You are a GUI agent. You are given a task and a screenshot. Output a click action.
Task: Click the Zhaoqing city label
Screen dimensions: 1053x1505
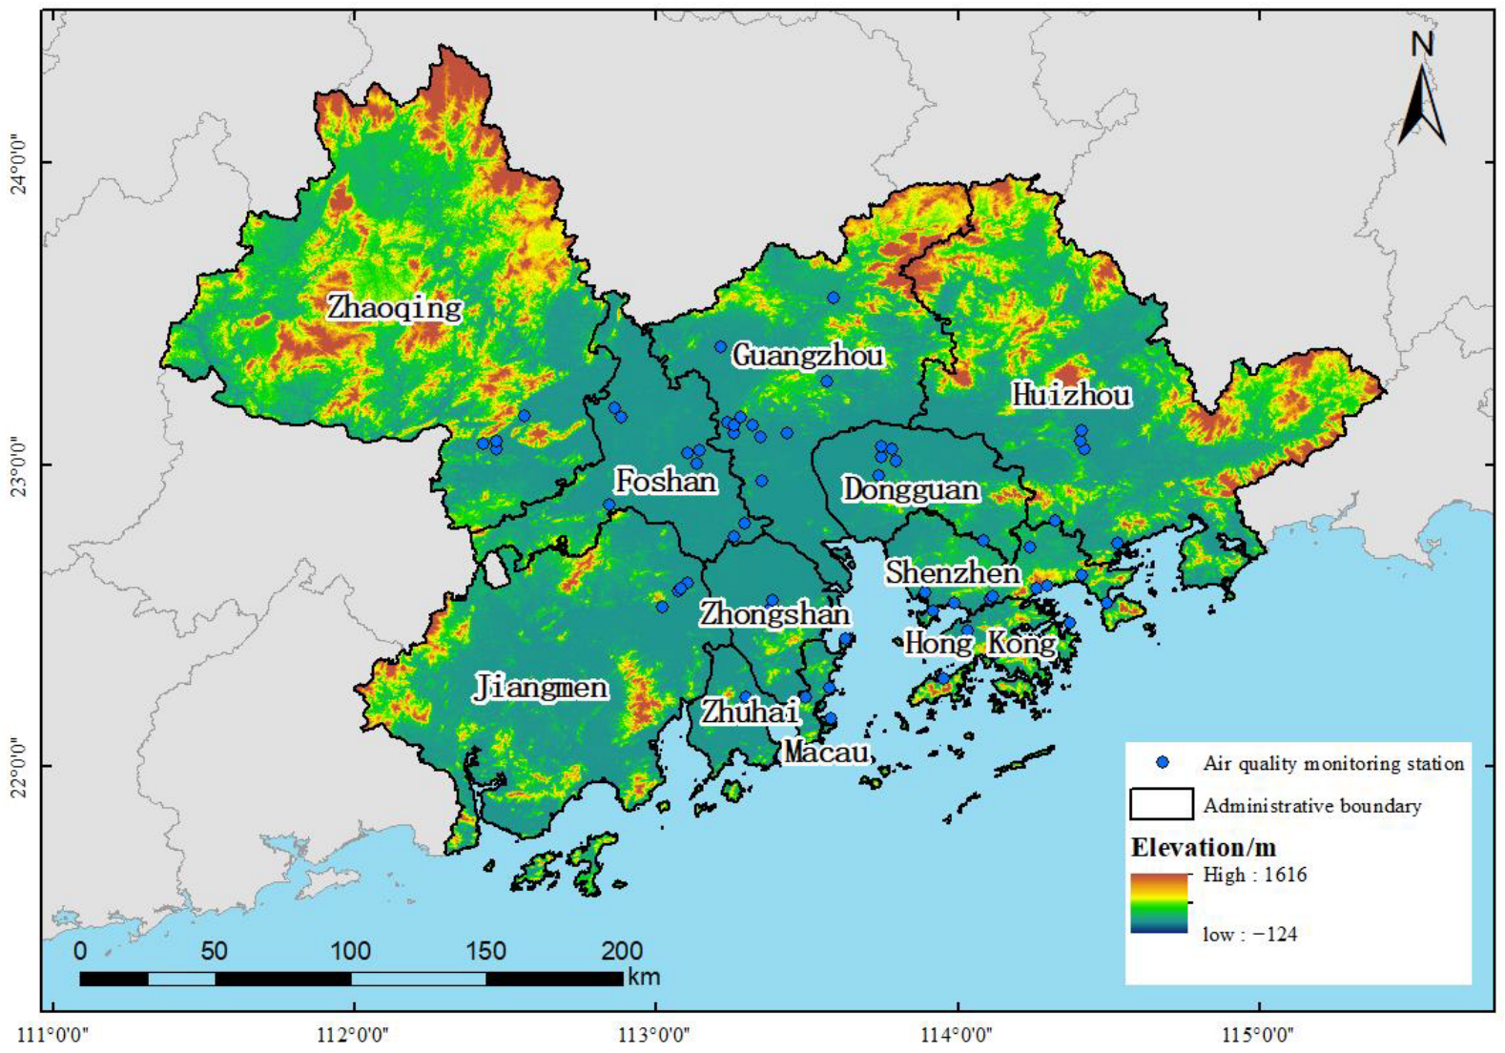(395, 307)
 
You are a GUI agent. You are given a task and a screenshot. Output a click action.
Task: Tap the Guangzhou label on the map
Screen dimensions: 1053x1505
(808, 356)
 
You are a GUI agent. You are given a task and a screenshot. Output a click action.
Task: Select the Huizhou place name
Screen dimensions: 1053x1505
(1071, 394)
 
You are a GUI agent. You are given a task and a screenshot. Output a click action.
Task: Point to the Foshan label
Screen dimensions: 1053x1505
(665, 481)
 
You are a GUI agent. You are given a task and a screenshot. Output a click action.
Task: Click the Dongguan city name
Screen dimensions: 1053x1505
(910, 489)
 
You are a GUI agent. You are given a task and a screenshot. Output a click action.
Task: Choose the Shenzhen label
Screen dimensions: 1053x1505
(952, 572)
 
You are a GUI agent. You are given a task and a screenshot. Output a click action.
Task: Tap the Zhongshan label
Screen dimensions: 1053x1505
(774, 613)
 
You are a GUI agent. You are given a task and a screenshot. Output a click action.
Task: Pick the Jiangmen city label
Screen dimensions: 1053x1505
(541, 687)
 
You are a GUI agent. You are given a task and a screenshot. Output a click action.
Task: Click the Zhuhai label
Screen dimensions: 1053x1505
(750, 711)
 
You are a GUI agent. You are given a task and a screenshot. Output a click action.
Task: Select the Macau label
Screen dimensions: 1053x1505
(827, 752)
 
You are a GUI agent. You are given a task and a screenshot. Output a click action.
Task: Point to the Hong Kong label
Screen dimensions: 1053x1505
(979, 643)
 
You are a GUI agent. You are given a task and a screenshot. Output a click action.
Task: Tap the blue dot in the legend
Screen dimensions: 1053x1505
(1162, 762)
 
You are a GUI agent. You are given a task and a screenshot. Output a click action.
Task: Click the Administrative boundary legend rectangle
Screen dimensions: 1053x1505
(1161, 804)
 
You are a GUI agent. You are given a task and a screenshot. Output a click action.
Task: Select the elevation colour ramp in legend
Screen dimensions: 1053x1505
(1159, 902)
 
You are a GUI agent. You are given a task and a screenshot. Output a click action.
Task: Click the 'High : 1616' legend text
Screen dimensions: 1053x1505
(1254, 875)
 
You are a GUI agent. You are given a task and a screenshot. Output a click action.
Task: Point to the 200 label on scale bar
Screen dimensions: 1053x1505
(622, 950)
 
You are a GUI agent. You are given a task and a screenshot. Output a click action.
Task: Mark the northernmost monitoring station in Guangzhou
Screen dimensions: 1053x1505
(833, 298)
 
